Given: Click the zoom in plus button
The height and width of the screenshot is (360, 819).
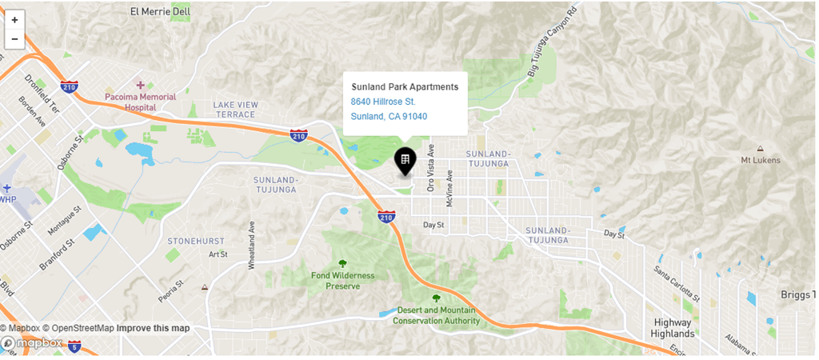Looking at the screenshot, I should coord(14,19).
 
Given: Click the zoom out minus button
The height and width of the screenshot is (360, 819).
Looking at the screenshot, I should coord(14,38).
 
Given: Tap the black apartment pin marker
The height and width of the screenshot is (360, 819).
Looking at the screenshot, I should coord(406,161).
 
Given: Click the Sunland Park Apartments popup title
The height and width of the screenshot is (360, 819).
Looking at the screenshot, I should coord(405,86).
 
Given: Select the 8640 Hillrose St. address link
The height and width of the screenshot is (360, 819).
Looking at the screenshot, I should coord(383,102).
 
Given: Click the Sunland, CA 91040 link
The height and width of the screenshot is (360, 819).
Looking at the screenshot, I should coord(389,116).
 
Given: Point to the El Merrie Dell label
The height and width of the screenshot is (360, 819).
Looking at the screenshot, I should coord(160,11).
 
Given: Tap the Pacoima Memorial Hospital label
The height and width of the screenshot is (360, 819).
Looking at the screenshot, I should coord(141,102).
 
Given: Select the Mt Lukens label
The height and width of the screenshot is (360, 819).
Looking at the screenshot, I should coord(760,160).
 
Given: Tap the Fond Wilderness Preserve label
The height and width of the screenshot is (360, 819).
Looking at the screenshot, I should coord(342,280).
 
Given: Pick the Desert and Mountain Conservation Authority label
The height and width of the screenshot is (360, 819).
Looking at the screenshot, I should coord(436,315).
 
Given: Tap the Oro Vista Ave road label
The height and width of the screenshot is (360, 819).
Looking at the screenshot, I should coord(430,167).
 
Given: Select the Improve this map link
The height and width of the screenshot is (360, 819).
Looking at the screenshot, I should coord(153,328).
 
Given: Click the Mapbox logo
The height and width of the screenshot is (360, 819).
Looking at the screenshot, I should coord(33,343).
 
